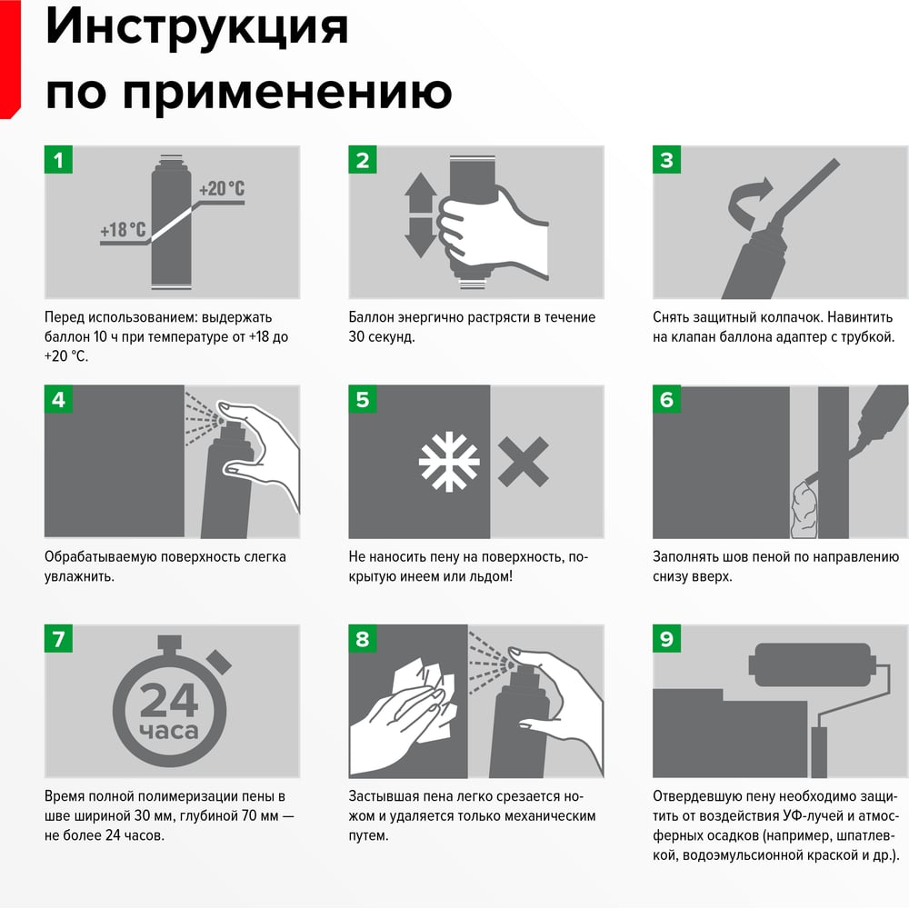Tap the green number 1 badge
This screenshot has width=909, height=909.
click(58, 159)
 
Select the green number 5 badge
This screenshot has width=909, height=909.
click(363, 399)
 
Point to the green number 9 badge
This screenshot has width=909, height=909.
click(666, 638)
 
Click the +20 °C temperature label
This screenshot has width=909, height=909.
click(222, 188)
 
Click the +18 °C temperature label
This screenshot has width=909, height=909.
click(123, 230)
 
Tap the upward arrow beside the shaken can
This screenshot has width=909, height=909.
click(420, 193)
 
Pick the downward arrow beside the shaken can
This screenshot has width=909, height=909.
click(420, 237)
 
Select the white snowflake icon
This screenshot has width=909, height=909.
click(449, 462)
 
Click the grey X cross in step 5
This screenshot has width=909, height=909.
click(523, 462)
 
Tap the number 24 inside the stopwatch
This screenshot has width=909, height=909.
click(169, 700)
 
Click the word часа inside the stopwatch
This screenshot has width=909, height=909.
click(169, 731)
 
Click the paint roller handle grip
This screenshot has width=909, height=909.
click(819, 752)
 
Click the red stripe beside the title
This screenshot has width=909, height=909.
click(10, 59)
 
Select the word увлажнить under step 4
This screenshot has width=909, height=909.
click(79, 577)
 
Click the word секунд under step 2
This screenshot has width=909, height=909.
click(392, 337)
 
